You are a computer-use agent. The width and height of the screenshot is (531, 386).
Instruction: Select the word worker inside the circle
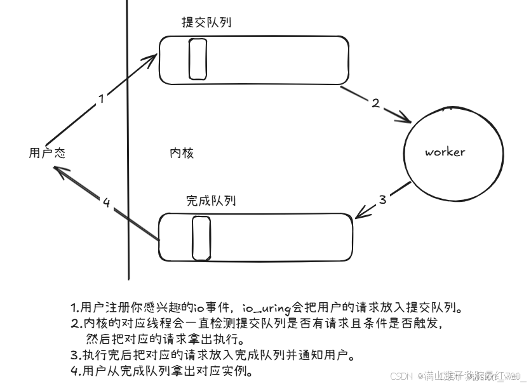click(445, 152)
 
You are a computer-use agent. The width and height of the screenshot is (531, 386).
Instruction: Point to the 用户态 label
click(47, 153)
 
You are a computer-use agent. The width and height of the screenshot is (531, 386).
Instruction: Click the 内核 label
click(181, 153)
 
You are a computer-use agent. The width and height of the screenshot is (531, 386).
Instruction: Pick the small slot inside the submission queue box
click(198, 59)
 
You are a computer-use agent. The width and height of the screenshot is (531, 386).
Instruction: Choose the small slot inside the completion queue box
click(201, 237)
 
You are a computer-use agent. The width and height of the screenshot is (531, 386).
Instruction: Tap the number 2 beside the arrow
click(375, 103)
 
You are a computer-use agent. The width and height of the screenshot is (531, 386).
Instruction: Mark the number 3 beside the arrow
click(382, 199)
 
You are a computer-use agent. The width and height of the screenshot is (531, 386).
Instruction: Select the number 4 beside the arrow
click(107, 203)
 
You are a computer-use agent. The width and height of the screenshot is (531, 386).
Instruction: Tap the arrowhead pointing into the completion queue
click(358, 215)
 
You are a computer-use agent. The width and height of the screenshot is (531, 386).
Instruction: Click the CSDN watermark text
click(401, 376)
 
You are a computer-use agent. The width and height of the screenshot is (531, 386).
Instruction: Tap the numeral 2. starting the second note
click(74, 324)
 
